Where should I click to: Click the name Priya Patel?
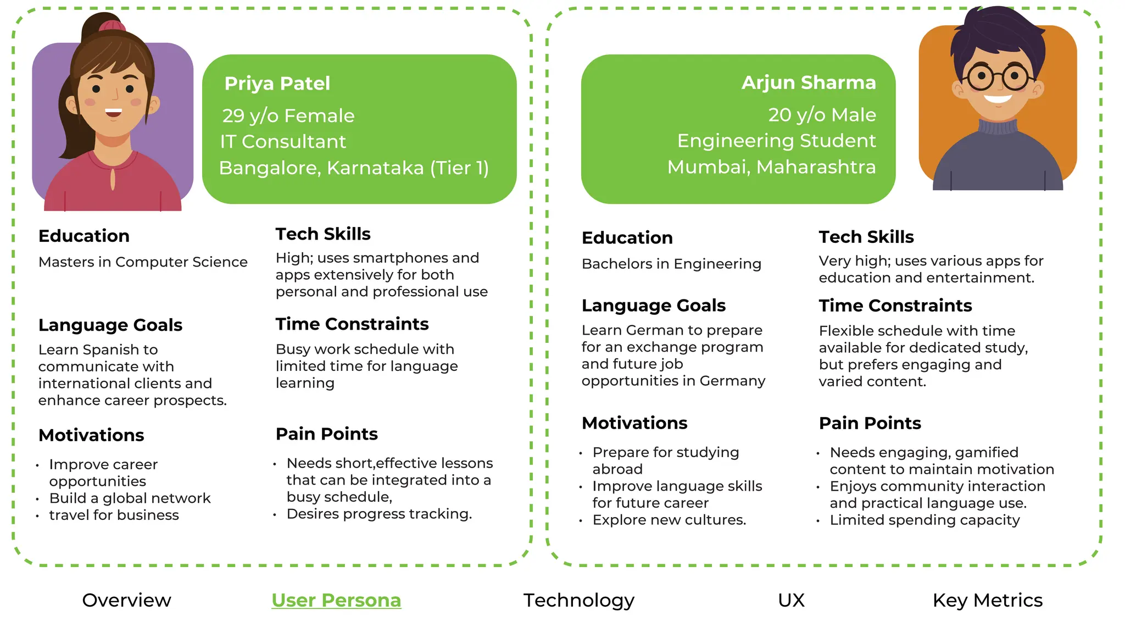coord(277,84)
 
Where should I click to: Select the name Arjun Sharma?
coord(809,82)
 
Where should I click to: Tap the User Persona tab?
coord(336,600)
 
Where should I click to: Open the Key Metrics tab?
coord(987,600)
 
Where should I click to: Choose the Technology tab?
coord(578,600)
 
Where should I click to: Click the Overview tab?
coord(126,600)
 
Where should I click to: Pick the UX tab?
coord(791,600)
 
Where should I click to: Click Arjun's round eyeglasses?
coord(997,77)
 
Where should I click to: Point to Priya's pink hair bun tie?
coord(112,25)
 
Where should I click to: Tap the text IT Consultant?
coord(283,142)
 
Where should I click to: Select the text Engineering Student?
coord(776,141)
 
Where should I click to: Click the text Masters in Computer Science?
coord(143,262)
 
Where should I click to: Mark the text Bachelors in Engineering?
coord(671,264)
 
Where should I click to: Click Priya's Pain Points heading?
coord(326,434)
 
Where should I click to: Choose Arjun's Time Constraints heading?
coord(895,306)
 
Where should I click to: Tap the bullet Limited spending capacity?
coord(924,520)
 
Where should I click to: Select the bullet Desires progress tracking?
coord(379,514)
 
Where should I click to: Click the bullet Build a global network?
coord(130,498)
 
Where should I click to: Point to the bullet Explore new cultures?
coord(669,520)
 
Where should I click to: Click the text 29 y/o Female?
coord(288,116)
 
